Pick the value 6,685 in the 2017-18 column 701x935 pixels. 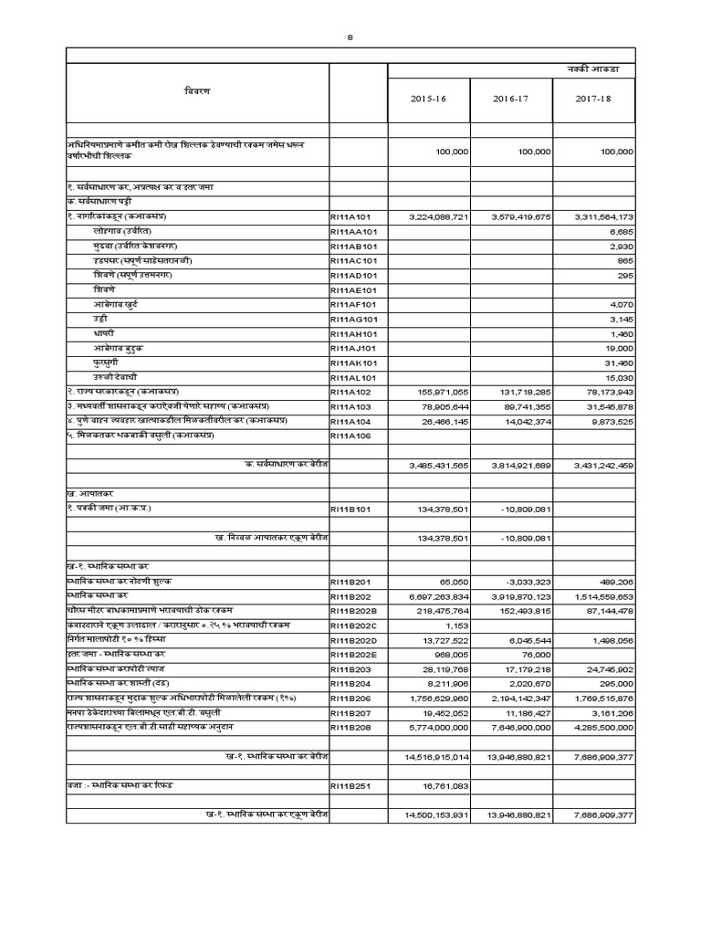[x=621, y=232]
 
